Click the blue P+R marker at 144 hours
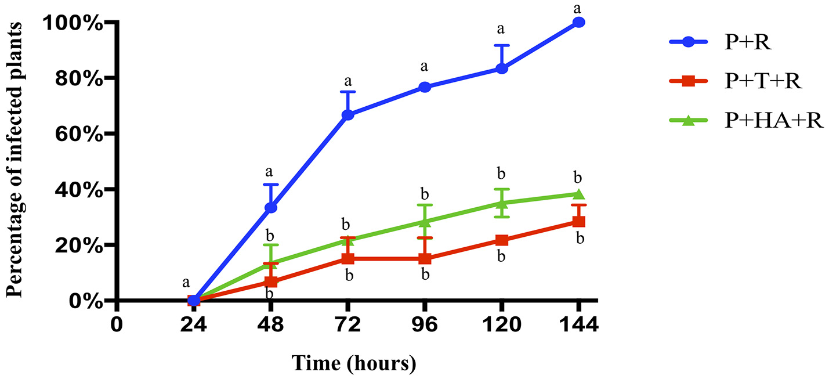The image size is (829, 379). coord(578,22)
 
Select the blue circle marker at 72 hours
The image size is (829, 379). coord(347,115)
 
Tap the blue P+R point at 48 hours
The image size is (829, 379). coord(270,208)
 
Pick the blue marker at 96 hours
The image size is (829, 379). coord(425,87)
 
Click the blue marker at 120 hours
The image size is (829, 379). coord(502,68)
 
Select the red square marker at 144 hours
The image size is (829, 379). coord(578,221)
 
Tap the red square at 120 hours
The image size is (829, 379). coord(502,240)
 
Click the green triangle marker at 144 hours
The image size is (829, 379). coord(578,194)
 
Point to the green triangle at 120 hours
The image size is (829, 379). coord(502,203)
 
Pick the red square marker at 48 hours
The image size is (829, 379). coord(270,282)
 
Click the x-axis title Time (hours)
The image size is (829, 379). coord(353,364)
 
